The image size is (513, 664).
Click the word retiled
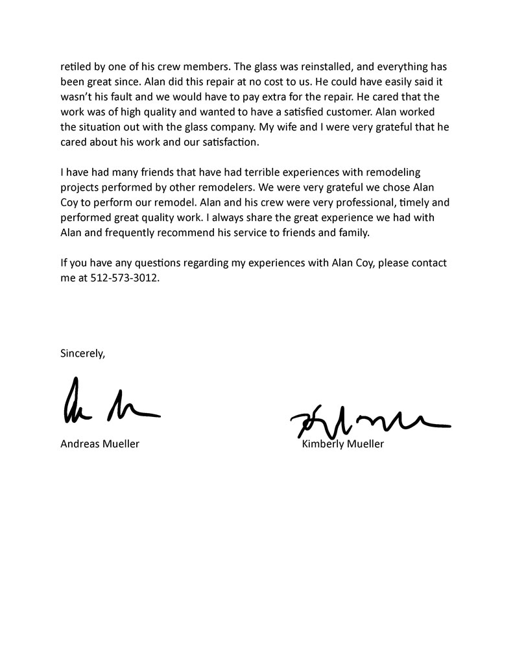pyautogui.click(x=76, y=67)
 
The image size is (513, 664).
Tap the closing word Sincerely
pyautogui.click(x=82, y=353)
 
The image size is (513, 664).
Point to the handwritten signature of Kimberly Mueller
pyautogui.click(x=370, y=421)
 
